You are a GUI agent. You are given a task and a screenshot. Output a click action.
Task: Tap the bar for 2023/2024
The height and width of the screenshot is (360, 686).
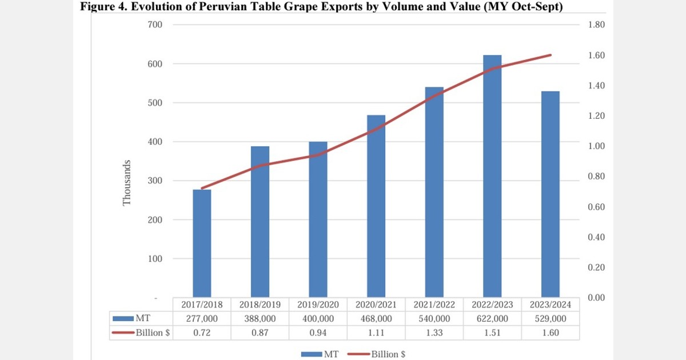click(551, 194)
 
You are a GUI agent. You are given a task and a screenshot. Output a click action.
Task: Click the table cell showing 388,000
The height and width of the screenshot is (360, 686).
click(260, 318)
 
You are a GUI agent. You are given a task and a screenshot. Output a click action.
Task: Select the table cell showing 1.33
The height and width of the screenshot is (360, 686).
click(434, 333)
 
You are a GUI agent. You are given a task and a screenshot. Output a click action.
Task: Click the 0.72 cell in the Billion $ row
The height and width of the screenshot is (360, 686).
click(202, 333)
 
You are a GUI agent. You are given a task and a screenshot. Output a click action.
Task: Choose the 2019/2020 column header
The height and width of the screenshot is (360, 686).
click(318, 305)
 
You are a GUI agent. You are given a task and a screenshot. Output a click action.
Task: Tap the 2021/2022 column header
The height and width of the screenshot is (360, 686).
click(434, 305)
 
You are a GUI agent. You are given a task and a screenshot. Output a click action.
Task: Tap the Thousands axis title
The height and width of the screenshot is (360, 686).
click(127, 182)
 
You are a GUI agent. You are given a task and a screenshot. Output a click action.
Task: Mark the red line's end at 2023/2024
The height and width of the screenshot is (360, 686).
click(551, 55)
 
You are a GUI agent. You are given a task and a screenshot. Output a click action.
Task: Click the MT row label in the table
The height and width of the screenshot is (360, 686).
click(143, 318)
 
